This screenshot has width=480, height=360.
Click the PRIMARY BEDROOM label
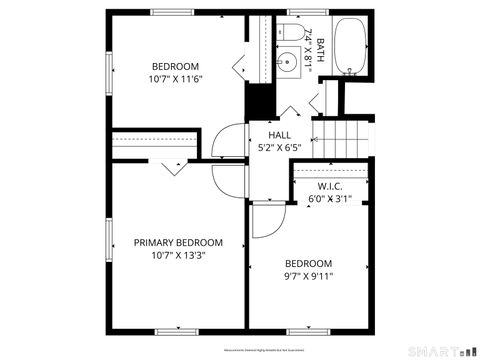click(178, 242)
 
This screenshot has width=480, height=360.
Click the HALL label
click(280, 135)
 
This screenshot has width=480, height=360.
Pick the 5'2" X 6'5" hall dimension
click(280, 147)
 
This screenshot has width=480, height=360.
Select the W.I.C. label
click(331, 186)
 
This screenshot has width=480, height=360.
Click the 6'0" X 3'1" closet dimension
click(331, 198)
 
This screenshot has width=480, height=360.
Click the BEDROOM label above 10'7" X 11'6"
click(175, 66)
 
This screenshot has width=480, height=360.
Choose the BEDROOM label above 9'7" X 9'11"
click(308, 264)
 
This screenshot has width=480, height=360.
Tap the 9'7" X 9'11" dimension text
click(308, 276)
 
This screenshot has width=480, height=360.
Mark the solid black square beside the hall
click(259, 102)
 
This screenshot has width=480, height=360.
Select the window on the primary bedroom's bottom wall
click(178, 331)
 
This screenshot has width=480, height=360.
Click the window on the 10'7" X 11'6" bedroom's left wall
click(109, 68)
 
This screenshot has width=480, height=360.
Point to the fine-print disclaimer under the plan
click(240, 349)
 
